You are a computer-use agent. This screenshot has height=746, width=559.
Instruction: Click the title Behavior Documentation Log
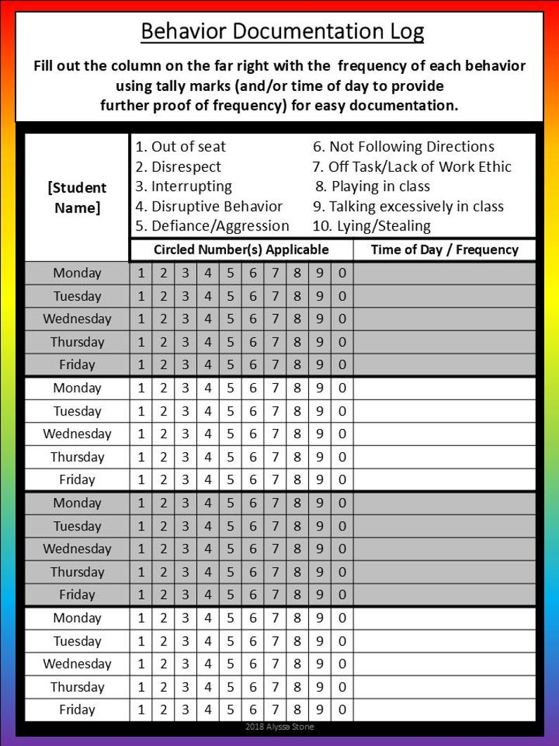[x=282, y=32]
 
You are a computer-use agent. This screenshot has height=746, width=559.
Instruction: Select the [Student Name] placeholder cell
[x=77, y=198]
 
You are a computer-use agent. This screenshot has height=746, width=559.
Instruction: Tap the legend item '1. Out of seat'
[x=180, y=147]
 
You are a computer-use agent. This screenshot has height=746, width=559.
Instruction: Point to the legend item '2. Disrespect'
[x=177, y=167]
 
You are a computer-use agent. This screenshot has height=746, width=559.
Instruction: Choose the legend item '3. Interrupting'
[x=183, y=187]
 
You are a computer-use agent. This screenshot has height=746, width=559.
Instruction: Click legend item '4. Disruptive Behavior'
[x=208, y=206]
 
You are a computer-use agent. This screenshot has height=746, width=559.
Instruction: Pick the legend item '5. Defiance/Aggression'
[x=212, y=226]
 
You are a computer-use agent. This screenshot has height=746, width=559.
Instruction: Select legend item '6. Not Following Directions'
[x=403, y=147]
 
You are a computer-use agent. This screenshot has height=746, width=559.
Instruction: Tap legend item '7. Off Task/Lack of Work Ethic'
[x=412, y=167]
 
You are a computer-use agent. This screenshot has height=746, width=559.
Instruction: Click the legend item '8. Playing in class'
[x=372, y=187]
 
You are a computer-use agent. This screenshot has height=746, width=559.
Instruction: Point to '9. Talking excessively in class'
[x=408, y=206]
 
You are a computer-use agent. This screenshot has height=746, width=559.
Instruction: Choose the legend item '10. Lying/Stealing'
[x=372, y=226]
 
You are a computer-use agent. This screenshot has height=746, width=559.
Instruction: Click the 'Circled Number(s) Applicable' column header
[x=241, y=249]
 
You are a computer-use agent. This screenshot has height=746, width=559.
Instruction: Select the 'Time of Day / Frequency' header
[x=444, y=249]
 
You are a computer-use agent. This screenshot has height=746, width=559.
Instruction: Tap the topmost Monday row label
[x=77, y=273]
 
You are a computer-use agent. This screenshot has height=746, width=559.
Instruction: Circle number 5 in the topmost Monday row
[x=230, y=273]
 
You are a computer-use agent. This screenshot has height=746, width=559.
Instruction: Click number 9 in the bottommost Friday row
[x=320, y=709]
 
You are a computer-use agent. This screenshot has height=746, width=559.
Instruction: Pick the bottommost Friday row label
[x=77, y=709]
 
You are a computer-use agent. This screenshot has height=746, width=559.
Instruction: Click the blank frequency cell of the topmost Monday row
[x=444, y=273]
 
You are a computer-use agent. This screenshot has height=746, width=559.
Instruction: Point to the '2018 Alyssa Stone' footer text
[x=279, y=726]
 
